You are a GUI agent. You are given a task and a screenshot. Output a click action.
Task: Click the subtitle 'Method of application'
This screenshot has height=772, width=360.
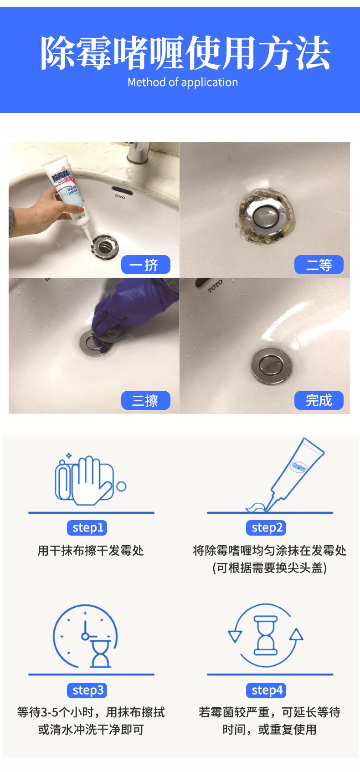pyautogui.click(x=183, y=82)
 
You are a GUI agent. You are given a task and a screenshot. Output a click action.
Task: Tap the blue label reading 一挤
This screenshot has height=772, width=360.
pyautogui.click(x=145, y=265)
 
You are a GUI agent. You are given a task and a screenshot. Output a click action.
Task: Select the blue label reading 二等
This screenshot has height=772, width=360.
pyautogui.click(x=319, y=265)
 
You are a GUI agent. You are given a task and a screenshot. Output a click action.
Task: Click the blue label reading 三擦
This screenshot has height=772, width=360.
pyautogui.click(x=145, y=400)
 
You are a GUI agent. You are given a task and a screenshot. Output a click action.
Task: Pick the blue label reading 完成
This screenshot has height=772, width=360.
pyautogui.click(x=319, y=400)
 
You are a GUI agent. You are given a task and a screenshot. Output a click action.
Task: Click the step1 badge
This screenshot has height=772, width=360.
pyautogui.click(x=87, y=528)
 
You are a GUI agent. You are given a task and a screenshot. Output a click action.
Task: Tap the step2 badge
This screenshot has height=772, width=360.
pyautogui.click(x=266, y=528)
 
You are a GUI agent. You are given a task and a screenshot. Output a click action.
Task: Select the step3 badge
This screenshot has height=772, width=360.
pyautogui.click(x=87, y=690)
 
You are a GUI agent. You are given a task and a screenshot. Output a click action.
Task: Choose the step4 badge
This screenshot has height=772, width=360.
pyautogui.click(x=266, y=690)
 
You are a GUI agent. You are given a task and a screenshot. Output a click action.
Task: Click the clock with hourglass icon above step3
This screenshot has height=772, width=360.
pyautogui.click(x=85, y=636)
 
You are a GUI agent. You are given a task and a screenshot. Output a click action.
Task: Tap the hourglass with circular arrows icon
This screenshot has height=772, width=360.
pyautogui.click(x=266, y=635)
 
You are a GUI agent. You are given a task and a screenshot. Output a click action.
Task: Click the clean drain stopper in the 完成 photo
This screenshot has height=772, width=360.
pyautogui.click(x=272, y=366)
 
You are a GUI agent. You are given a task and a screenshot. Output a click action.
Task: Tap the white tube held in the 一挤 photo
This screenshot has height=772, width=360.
pyautogui.click(x=69, y=196)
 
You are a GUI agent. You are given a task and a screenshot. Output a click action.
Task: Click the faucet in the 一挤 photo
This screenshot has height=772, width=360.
pyautogui.click(x=139, y=153)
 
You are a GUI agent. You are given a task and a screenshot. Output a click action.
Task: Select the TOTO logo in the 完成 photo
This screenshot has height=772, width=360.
pyautogui.click(x=215, y=286)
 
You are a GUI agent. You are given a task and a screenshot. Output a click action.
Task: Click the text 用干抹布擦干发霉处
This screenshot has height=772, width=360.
pyautogui.click(x=90, y=550)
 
